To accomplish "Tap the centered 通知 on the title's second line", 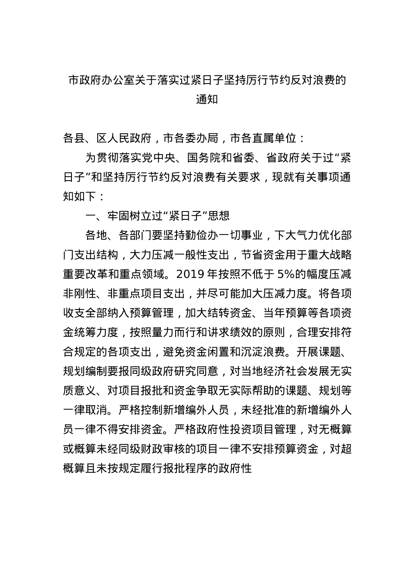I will click(207, 100).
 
